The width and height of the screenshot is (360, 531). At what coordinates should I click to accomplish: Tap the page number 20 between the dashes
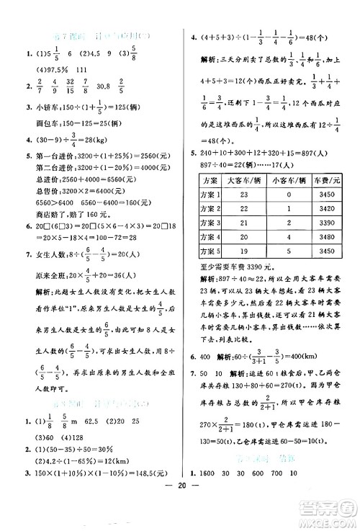coord(180,523)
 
